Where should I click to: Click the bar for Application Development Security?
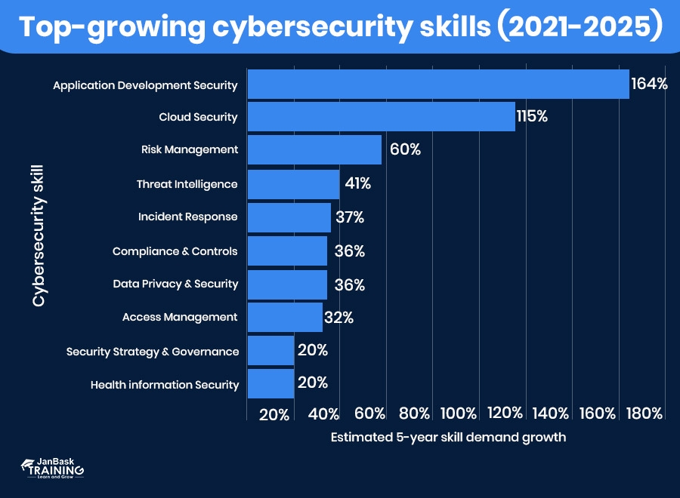pyautogui.click(x=438, y=84)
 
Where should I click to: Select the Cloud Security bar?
pyautogui.click(x=381, y=117)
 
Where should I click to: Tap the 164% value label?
pyautogui.click(x=650, y=84)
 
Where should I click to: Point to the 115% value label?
pyautogui.click(x=532, y=117)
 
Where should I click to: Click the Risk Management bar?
pyautogui.click(x=314, y=149)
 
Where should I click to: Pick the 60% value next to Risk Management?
pyautogui.click(x=405, y=149)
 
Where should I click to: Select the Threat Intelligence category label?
pyautogui.click(x=187, y=184)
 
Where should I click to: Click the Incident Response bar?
pyautogui.click(x=289, y=217)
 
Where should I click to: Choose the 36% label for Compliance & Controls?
pyautogui.click(x=349, y=251)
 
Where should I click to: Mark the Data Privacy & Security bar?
pyautogui.click(x=287, y=284)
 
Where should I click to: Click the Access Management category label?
pyautogui.click(x=180, y=317)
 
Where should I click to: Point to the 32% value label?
pyautogui.click(x=338, y=318)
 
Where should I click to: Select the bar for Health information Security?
pyautogui.click(x=270, y=383)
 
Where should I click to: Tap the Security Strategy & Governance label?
pyautogui.click(x=153, y=351)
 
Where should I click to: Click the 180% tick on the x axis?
pyautogui.click(x=644, y=413)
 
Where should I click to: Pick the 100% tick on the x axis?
pyautogui.click(x=458, y=413)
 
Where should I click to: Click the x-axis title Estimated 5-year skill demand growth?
pyautogui.click(x=448, y=437)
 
